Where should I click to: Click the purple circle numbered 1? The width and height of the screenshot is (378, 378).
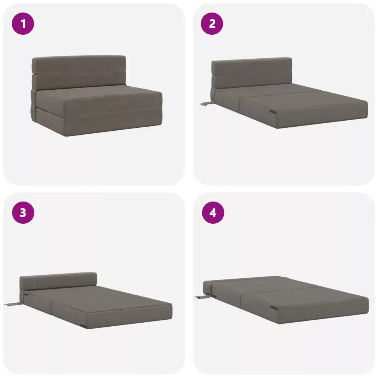coord(23,24)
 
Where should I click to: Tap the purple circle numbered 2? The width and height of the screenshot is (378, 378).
coord(212,24)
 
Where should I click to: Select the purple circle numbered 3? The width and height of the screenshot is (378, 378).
coord(23,213)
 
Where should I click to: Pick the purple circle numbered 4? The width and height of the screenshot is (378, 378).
coord(213,213)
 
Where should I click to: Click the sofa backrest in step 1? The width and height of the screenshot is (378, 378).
coord(79,72)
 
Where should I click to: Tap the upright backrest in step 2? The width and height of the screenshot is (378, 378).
coord(252,73)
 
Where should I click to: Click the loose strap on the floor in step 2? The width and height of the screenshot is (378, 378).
coord(206,104)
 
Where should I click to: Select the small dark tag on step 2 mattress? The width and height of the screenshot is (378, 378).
coord(273,111)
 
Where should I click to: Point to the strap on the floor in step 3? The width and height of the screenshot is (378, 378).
coord(14,304)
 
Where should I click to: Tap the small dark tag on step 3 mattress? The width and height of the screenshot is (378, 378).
coord(84,326)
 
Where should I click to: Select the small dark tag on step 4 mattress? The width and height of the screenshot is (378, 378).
coord(274,307)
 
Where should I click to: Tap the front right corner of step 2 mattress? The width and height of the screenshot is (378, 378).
coord(368,118)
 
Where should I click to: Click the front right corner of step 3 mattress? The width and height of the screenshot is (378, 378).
coord(172,319)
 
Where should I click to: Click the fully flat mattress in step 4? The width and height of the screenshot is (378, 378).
coord(286,300)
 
